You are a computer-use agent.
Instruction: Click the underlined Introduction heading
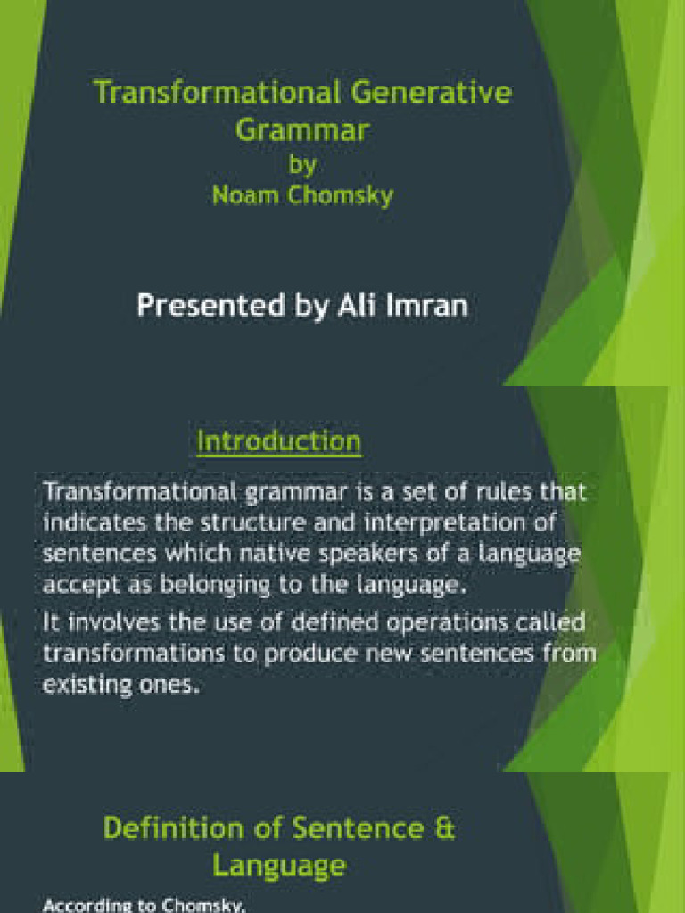coord(278,441)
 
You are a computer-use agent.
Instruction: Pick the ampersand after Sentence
coord(444,828)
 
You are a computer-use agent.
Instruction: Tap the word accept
coord(72,586)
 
